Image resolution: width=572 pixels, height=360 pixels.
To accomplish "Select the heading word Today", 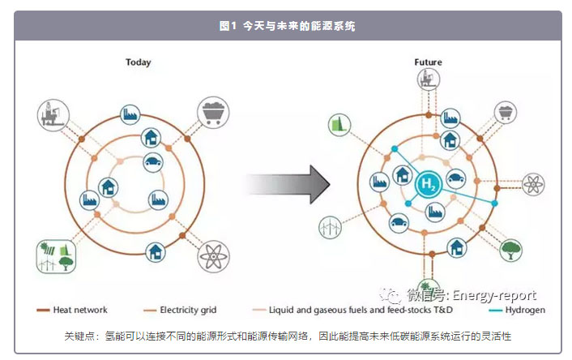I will click(x=138, y=62).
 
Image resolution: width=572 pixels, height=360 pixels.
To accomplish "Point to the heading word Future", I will click(x=428, y=62).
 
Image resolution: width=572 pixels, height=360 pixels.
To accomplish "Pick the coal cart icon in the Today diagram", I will click(x=212, y=112).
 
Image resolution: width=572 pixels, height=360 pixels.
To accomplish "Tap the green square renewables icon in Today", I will click(x=53, y=256).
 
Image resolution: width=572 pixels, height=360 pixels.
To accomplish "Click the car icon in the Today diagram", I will click(x=152, y=161).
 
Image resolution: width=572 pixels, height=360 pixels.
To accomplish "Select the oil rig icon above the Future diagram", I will click(x=428, y=79).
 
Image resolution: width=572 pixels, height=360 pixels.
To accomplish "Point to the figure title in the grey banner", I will click(x=287, y=26).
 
